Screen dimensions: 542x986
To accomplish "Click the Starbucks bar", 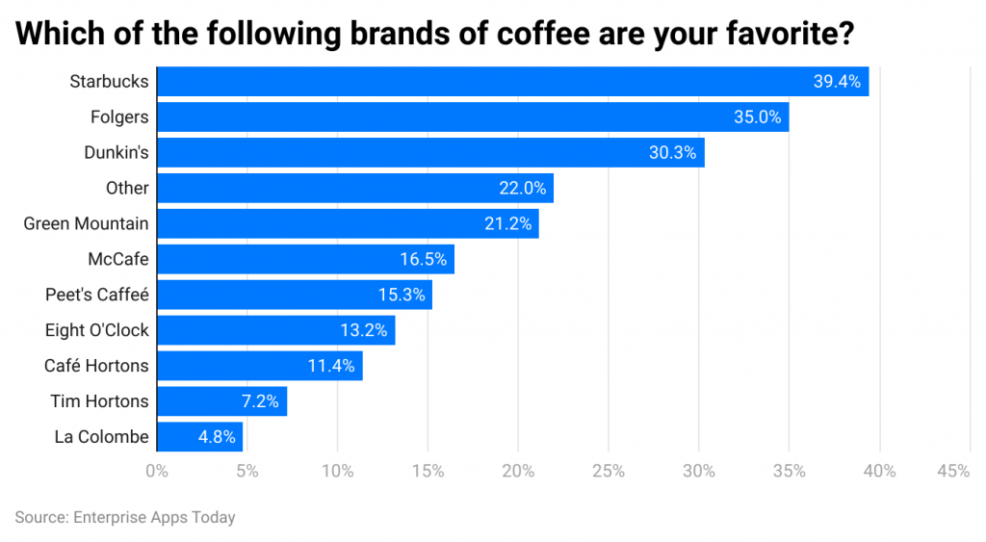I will click(512, 82).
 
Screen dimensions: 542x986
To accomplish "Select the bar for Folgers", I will click(472, 117).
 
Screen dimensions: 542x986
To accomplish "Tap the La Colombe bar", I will click(199, 437).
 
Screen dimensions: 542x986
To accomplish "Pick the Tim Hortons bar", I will click(221, 401).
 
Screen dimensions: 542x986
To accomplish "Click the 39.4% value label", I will click(836, 82).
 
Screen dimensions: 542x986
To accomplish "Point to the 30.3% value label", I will click(672, 153).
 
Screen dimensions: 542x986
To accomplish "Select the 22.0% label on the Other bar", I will click(521, 189).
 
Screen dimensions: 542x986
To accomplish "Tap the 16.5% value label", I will click(423, 260).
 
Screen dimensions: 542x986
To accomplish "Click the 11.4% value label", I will click(330, 366).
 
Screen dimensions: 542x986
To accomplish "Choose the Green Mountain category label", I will click(86, 224).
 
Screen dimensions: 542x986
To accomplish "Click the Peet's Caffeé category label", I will click(97, 295).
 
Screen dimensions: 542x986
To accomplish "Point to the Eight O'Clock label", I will click(96, 330).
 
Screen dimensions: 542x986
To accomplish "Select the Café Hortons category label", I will click(96, 366).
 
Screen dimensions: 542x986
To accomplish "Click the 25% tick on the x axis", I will click(609, 471).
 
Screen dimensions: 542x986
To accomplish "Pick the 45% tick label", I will click(952, 471).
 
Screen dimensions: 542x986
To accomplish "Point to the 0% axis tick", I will click(156, 471).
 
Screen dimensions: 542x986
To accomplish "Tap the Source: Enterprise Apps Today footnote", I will click(125, 517).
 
